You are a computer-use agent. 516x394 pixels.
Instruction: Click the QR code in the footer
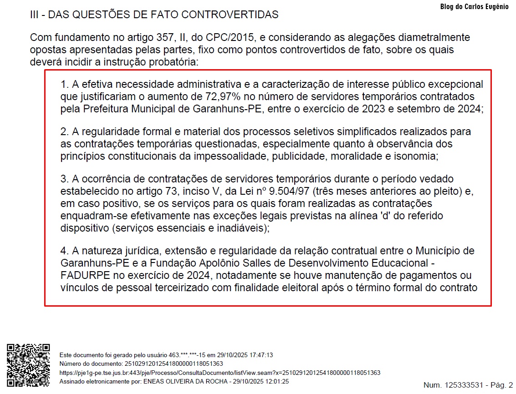pos(28,366)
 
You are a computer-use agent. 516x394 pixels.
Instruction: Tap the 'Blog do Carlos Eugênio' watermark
pos(474,7)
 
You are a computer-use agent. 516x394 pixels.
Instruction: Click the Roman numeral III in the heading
pos(35,15)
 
